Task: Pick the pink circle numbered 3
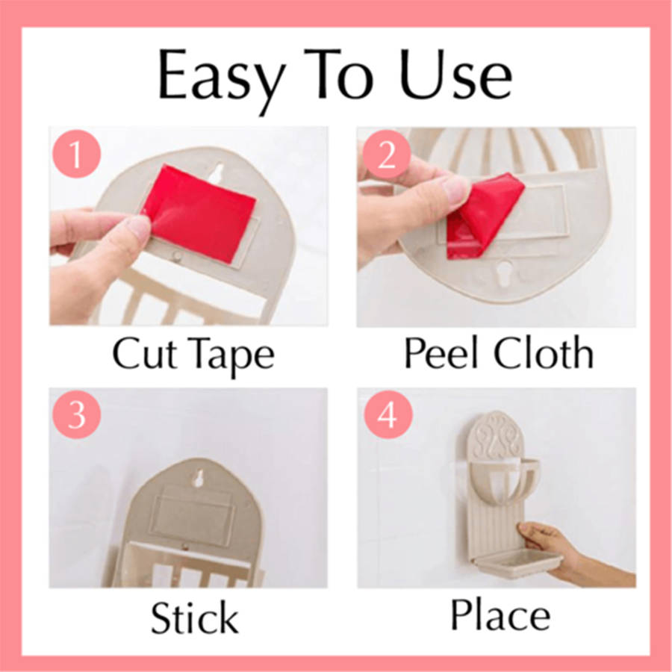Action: click(76, 414)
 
